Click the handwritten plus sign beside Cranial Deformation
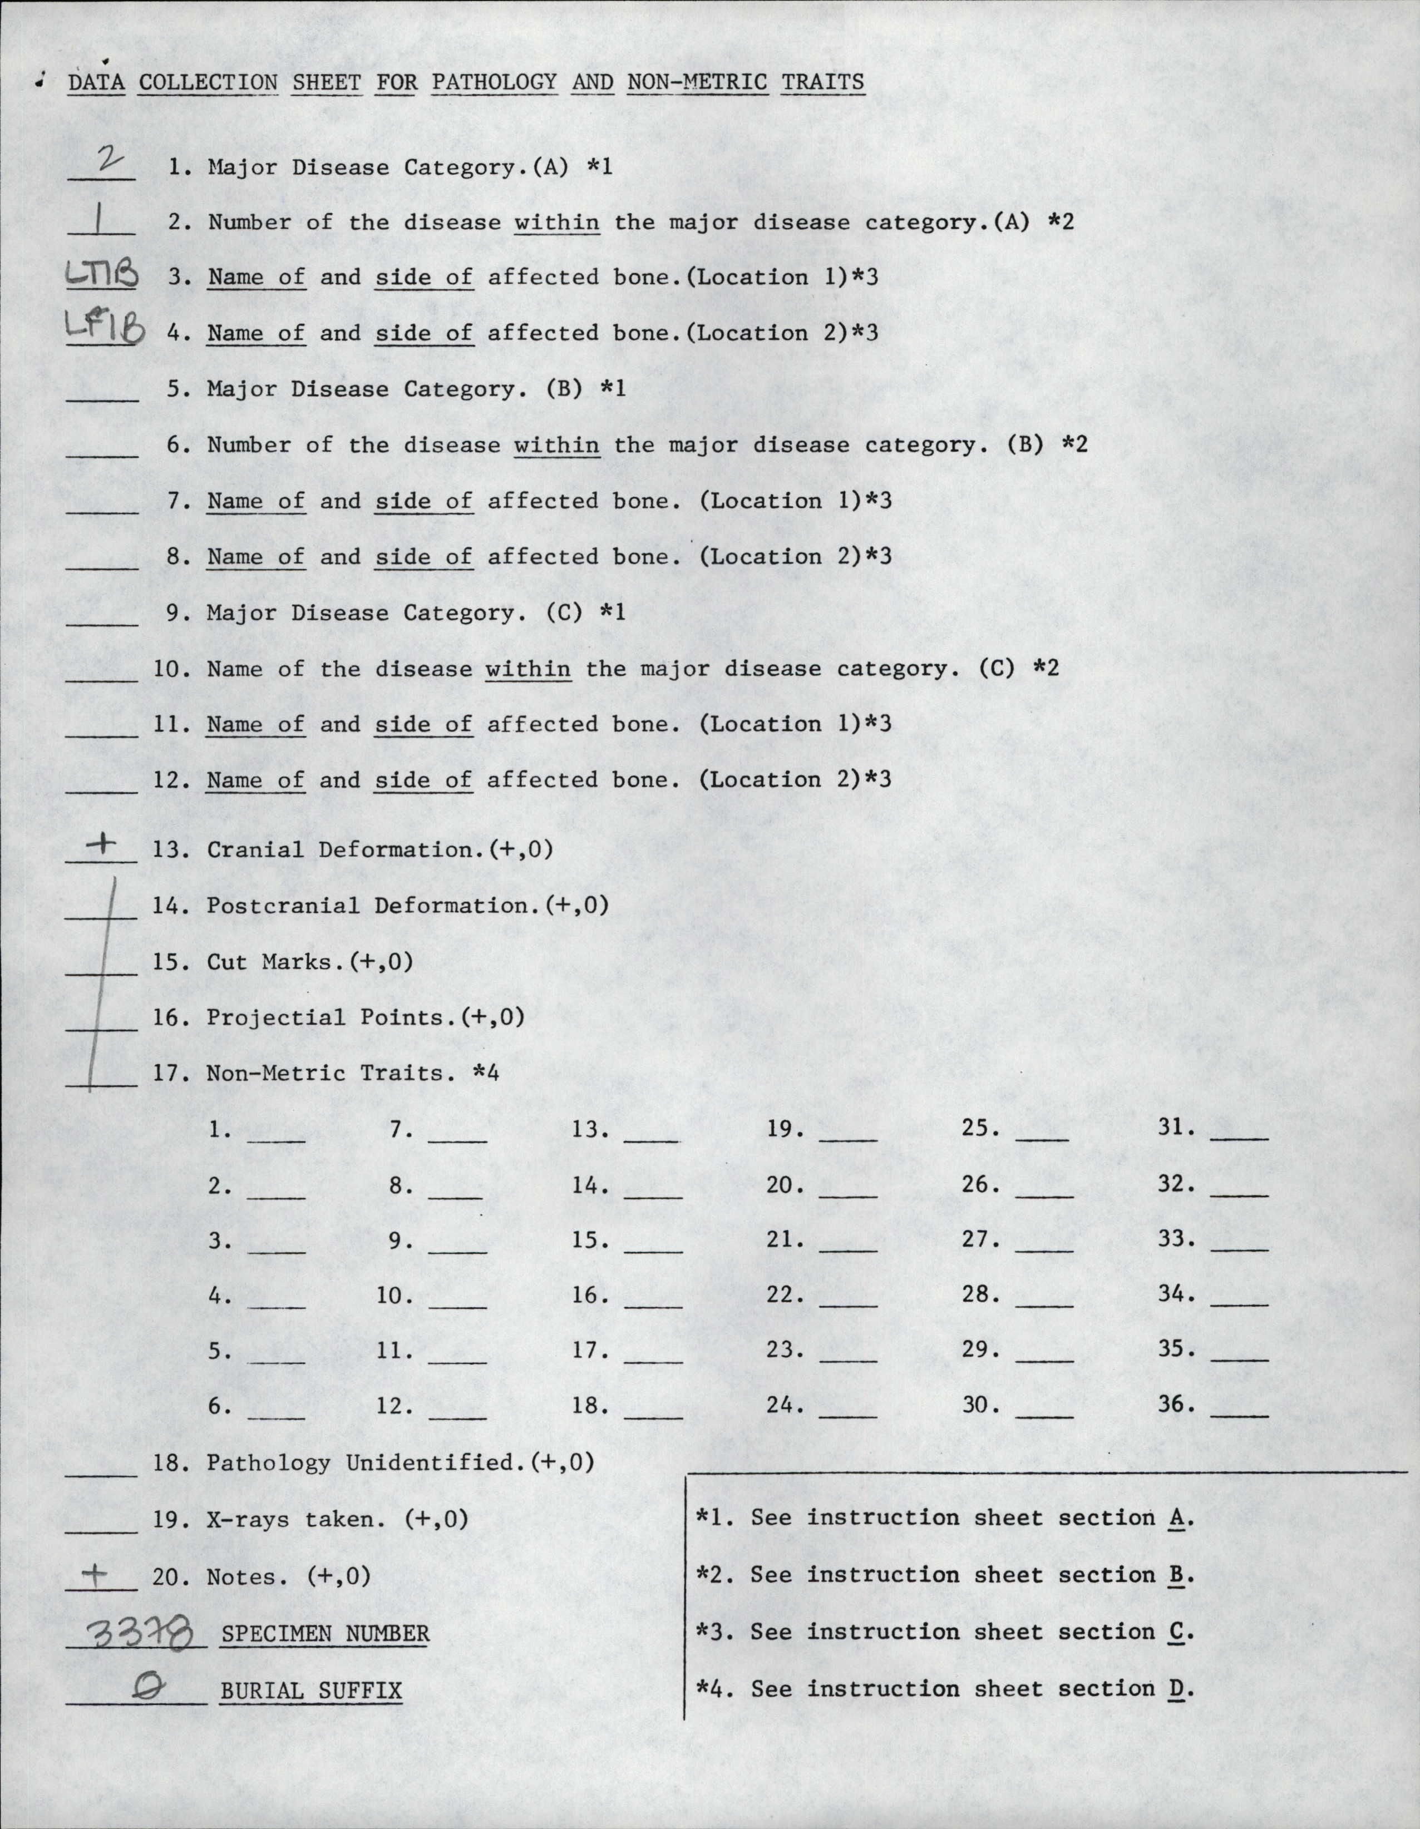(x=103, y=847)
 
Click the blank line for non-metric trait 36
(x=1239, y=1415)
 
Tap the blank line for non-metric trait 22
(x=849, y=1305)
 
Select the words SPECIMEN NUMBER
(x=325, y=1633)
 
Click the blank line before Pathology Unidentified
(x=101, y=1474)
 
